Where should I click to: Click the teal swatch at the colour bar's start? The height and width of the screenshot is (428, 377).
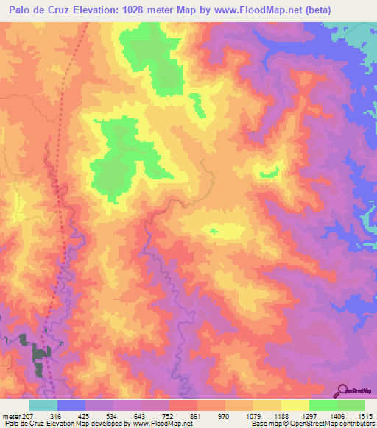click(x=43, y=405)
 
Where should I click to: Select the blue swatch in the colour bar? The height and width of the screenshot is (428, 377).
click(x=71, y=405)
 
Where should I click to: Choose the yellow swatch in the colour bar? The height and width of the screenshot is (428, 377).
click(x=295, y=405)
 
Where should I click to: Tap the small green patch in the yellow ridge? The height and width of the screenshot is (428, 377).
click(x=214, y=231)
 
